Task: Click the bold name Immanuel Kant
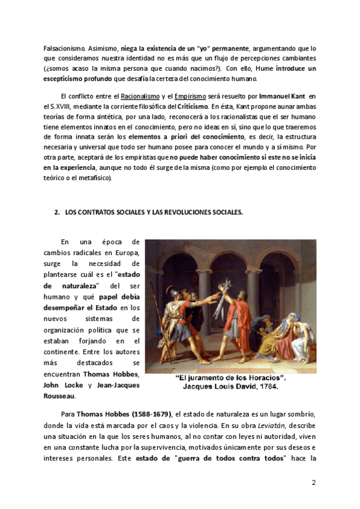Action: [283, 96]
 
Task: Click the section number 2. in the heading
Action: [57, 212]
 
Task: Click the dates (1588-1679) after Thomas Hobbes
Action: [143, 415]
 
